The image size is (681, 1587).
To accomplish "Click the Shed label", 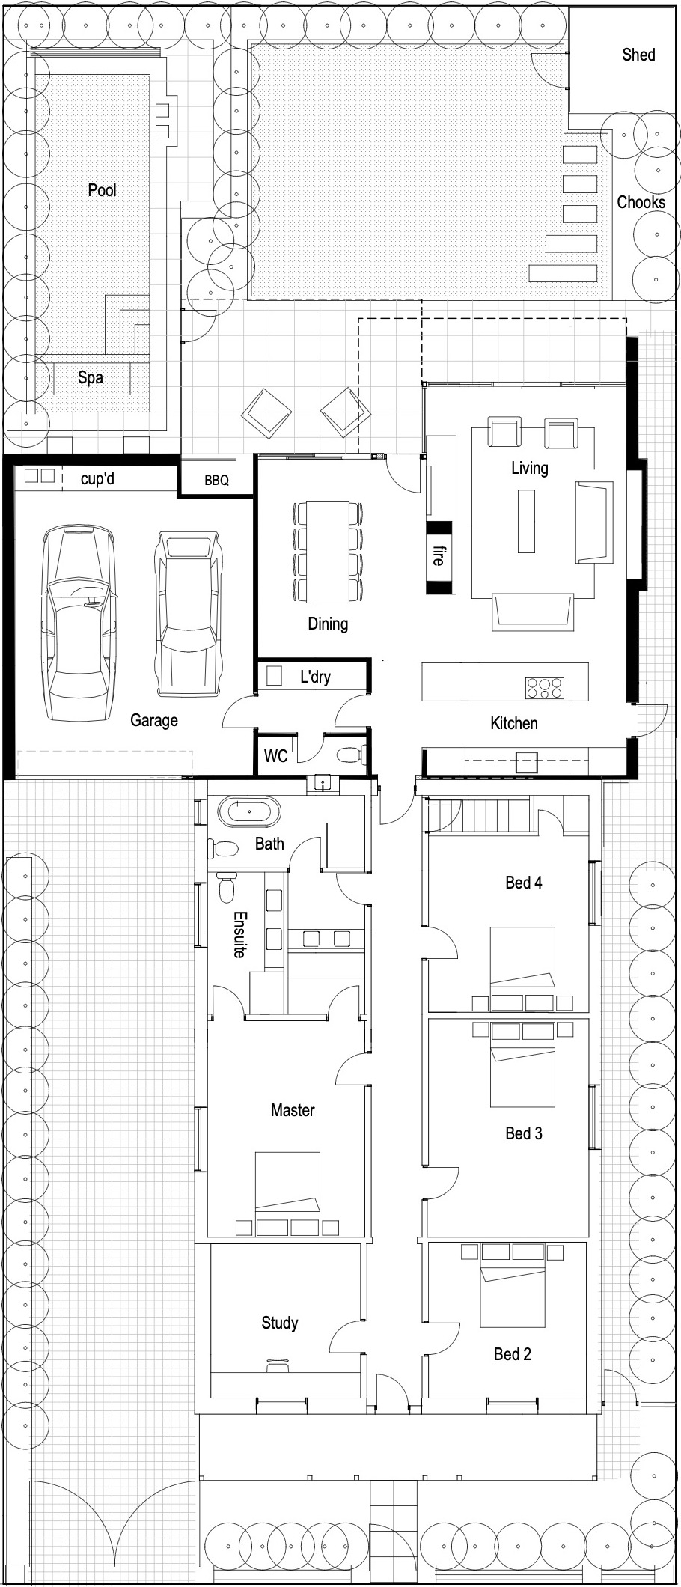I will (x=638, y=55).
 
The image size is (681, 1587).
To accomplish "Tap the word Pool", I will (x=102, y=190).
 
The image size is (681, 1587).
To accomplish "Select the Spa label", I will (x=90, y=377).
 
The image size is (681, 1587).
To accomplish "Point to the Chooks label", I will (x=641, y=202).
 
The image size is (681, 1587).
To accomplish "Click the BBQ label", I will (x=216, y=481).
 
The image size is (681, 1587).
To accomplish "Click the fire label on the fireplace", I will (x=439, y=555).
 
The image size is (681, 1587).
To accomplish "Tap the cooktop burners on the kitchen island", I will (x=544, y=687).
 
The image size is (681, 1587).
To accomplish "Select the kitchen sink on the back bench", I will (x=525, y=763).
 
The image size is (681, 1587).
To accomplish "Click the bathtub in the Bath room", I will (x=249, y=812).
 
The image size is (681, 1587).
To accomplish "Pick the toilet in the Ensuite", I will (x=226, y=889).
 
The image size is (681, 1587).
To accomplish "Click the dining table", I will (x=327, y=552).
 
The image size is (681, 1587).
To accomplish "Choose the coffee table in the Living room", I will (x=526, y=520).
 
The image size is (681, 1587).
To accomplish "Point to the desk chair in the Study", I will (x=278, y=1365).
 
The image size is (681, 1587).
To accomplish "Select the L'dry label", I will (x=315, y=677).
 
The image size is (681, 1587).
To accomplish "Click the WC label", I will (x=275, y=756).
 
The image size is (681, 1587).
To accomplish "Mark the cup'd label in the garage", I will (x=97, y=478).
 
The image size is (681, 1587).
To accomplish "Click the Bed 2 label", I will (x=512, y=1353).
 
